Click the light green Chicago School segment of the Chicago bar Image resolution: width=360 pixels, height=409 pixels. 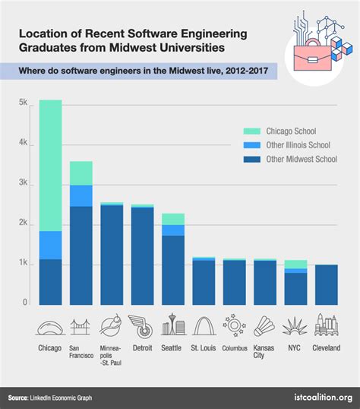point(50,165)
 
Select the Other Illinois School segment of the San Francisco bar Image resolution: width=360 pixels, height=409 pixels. point(81,195)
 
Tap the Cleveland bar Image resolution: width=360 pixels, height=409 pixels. point(326,284)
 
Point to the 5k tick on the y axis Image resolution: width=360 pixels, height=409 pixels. point(23,103)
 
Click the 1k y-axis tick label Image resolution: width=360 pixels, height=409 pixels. point(23,264)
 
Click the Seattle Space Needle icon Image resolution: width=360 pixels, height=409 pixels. point(172,326)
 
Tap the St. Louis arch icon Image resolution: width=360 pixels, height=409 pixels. point(204,326)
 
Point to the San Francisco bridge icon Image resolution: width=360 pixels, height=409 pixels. point(81,327)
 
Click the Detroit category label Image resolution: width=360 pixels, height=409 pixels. point(142,349)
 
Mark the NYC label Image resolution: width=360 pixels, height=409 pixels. point(295,349)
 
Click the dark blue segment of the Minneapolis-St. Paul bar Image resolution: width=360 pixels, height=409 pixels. point(112,255)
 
